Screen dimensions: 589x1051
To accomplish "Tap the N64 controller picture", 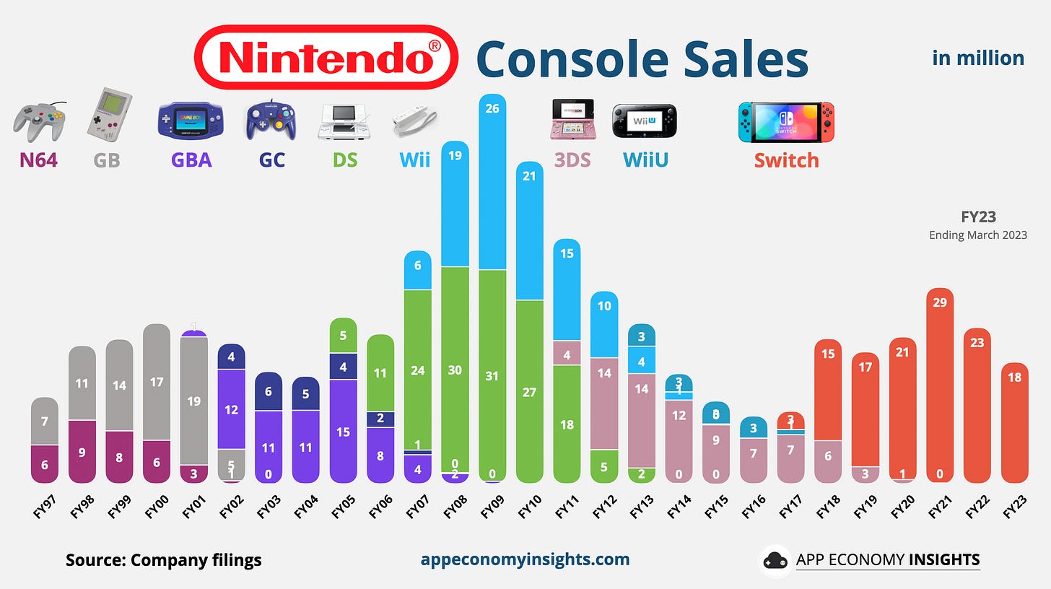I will (x=39, y=121).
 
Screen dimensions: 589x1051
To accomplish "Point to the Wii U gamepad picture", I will (x=645, y=121).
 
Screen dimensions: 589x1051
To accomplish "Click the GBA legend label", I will (x=191, y=160).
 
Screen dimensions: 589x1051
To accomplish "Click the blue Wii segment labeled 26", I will (x=492, y=180).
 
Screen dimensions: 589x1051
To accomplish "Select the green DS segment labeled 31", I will (x=492, y=375).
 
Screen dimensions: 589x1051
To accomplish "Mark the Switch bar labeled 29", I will (x=939, y=383).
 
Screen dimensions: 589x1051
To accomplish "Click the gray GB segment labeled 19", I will (x=193, y=401).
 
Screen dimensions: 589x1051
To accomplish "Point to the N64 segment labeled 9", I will (x=82, y=451).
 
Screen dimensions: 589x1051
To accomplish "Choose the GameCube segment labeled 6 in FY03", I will (x=269, y=391).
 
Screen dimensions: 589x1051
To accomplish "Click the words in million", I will (x=977, y=58).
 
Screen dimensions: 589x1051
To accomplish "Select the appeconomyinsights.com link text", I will (x=524, y=559).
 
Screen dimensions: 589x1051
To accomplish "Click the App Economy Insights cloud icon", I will (x=776, y=560).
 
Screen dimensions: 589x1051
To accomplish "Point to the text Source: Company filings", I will (x=163, y=560).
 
